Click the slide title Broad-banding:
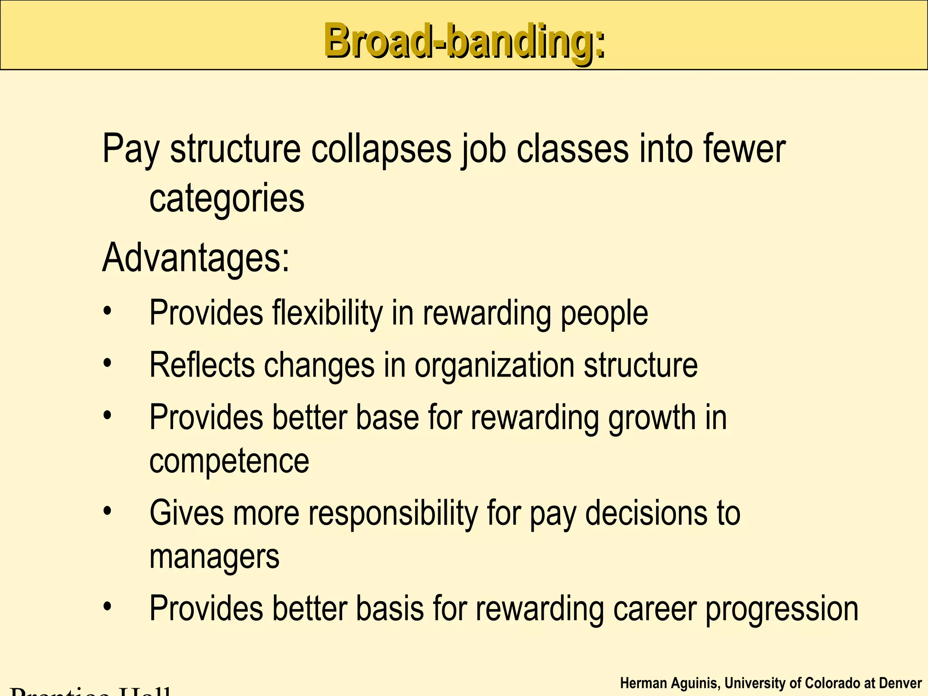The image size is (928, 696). [x=464, y=40]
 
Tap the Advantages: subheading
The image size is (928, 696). [x=196, y=258]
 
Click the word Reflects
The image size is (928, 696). [x=202, y=365]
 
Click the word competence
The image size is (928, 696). [x=229, y=461]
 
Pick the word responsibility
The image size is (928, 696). [x=393, y=513]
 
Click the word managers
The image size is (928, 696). [x=214, y=557]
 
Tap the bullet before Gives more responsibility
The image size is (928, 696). [x=107, y=512]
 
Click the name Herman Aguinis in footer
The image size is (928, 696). [x=669, y=683]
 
